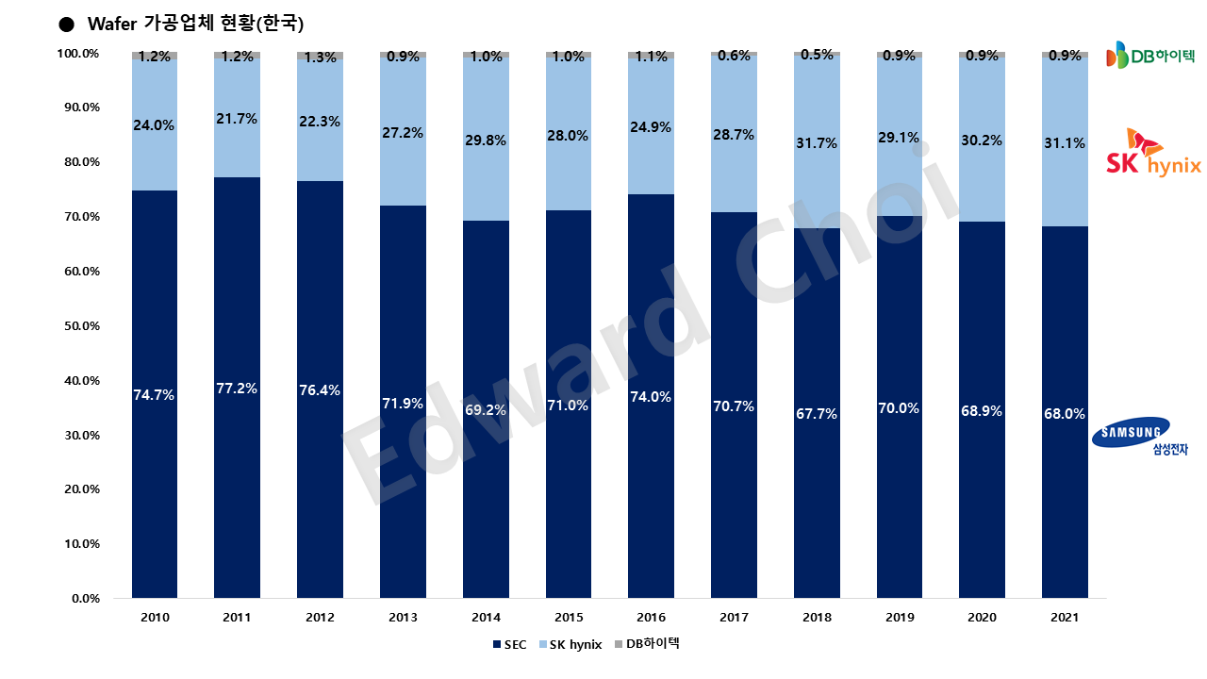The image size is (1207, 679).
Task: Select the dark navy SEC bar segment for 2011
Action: point(238,472)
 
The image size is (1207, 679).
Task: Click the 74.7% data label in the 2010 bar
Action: point(155,395)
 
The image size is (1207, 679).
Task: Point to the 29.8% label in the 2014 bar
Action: point(486,141)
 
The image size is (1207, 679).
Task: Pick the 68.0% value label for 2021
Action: point(1065,413)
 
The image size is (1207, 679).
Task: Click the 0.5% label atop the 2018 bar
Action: point(817,55)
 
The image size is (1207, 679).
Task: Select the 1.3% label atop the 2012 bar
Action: point(321,57)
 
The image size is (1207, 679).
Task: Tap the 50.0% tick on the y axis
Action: point(80,326)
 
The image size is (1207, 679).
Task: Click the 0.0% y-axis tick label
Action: point(85,599)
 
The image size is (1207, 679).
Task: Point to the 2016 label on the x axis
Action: point(651,618)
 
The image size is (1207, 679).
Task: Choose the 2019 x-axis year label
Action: point(900,618)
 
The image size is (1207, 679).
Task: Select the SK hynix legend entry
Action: point(569,645)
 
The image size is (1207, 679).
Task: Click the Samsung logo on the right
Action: point(1131,436)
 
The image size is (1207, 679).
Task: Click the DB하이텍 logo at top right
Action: point(1149,56)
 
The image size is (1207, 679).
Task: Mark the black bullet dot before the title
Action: point(66,24)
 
